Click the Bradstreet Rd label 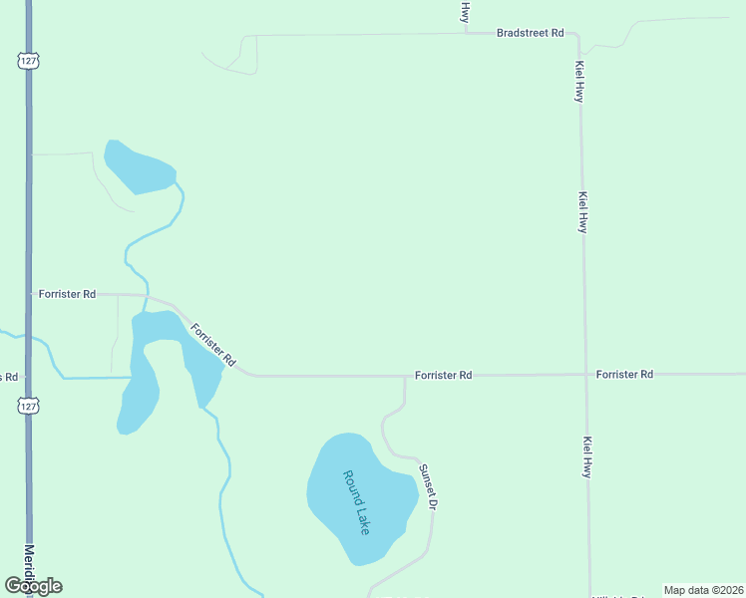tap(530, 33)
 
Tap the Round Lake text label tap(356, 502)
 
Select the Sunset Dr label tap(427, 487)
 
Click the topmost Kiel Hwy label tap(578, 82)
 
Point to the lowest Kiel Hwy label tap(588, 456)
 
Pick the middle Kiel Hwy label tap(582, 212)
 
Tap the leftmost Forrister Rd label tap(67, 294)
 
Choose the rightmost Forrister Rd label tap(624, 374)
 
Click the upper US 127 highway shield tap(27, 60)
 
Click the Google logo tap(33, 586)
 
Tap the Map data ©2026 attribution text tap(703, 590)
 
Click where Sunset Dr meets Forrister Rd tap(405, 377)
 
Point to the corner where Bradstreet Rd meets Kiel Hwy tap(578, 35)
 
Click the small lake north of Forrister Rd tap(138, 167)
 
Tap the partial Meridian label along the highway tap(29, 563)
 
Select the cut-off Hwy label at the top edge tap(465, 11)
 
